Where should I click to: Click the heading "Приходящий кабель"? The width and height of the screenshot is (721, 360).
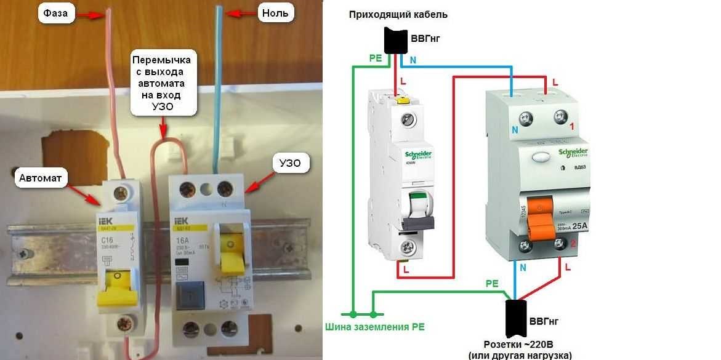pyautogui.click(x=398, y=14)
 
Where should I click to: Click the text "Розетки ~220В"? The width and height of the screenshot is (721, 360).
pyautogui.click(x=518, y=343)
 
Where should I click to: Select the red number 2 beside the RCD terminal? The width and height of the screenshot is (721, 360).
pyautogui.click(x=572, y=244)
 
